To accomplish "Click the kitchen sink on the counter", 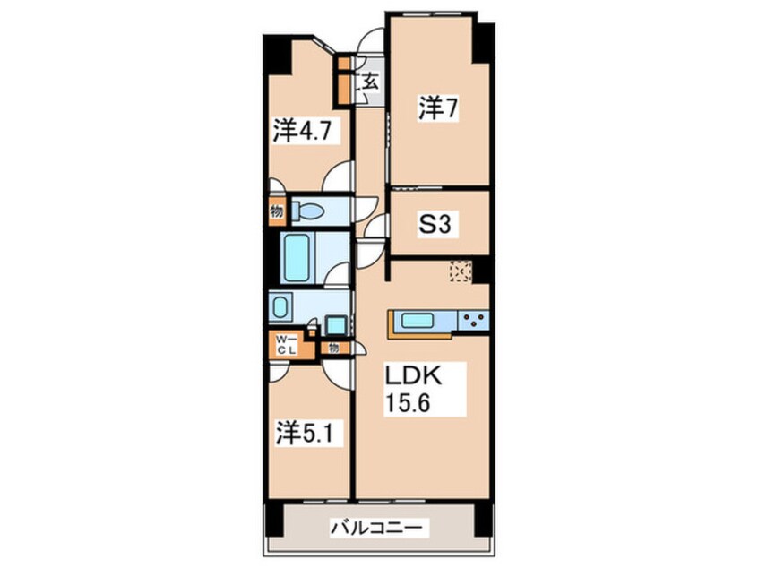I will tap(418, 320).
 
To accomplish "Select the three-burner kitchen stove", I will tap(472, 319).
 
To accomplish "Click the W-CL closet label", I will tap(285, 344).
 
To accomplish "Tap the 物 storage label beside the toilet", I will tap(275, 211).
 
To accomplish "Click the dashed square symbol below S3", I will tap(461, 270).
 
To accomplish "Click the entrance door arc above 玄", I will tap(368, 45).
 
